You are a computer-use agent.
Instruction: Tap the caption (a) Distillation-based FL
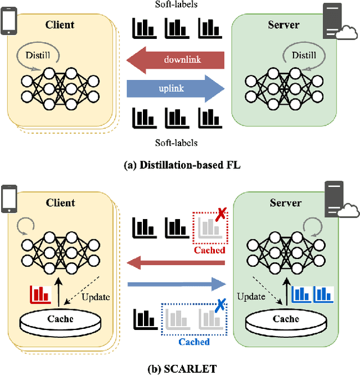pos(179,166)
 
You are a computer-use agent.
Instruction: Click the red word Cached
pos(209,249)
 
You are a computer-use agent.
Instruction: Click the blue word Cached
pos(193,342)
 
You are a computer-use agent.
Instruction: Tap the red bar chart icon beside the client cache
pos(40,293)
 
